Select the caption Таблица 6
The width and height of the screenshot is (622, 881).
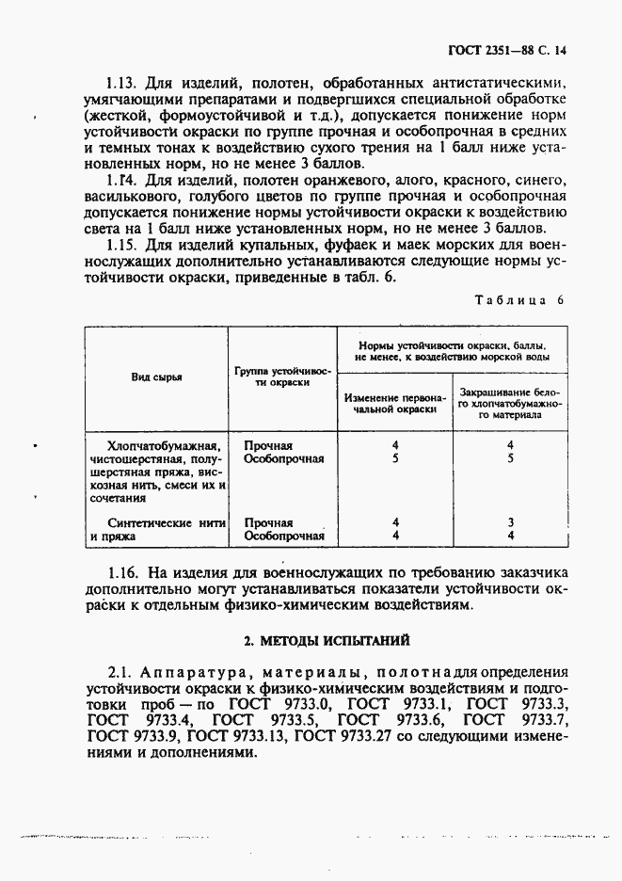pyautogui.click(x=518, y=300)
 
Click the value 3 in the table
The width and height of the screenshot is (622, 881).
pyautogui.click(x=509, y=522)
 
